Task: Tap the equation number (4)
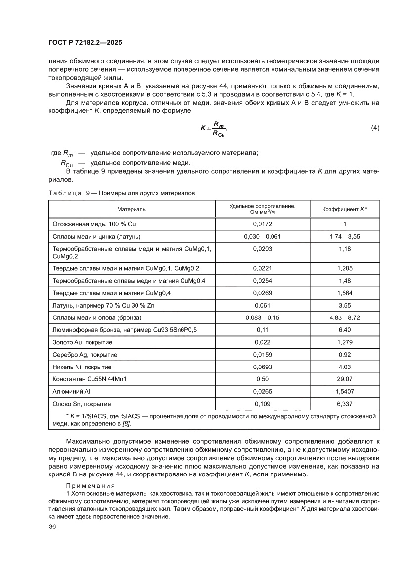[x=375, y=128]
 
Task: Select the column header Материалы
[x=132, y=209]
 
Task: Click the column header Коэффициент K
[x=345, y=209]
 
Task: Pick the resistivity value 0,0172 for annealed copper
[x=263, y=224]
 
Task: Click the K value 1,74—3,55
[x=345, y=236]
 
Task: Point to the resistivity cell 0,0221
[x=263, y=268]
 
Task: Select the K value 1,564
[x=345, y=292]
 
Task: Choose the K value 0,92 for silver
[x=345, y=355]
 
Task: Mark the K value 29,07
[x=345, y=379]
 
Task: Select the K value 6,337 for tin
[x=345, y=404]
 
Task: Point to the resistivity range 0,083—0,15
[x=263, y=317]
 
